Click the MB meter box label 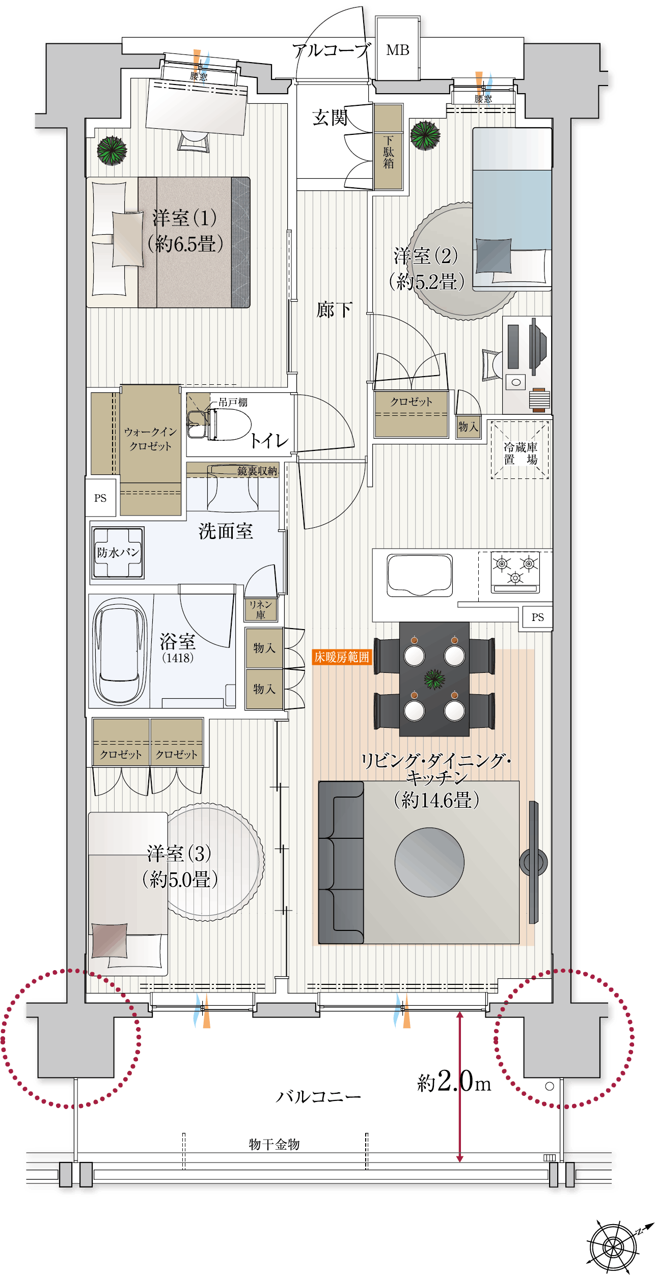pyautogui.click(x=397, y=50)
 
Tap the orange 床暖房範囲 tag pyautogui.click(x=341, y=657)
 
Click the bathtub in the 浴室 pyautogui.click(x=120, y=651)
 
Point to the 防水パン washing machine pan pyautogui.click(x=118, y=552)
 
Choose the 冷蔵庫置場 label pyautogui.click(x=520, y=453)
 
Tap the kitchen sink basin pyautogui.click(x=420, y=575)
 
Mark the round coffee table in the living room pyautogui.click(x=429, y=862)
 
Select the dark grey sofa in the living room pyautogui.click(x=341, y=862)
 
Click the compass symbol pyautogui.click(x=613, y=1246)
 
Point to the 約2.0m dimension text pyautogui.click(x=454, y=1082)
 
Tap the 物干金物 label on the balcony pyautogui.click(x=274, y=1144)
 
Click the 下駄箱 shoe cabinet pyautogui.click(x=389, y=147)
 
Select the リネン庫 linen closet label pyautogui.click(x=260, y=609)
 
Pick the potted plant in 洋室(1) pyautogui.click(x=112, y=150)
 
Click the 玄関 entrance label pyautogui.click(x=330, y=118)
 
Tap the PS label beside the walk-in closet pyautogui.click(x=100, y=498)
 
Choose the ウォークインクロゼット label pyautogui.click(x=150, y=439)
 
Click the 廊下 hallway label pyautogui.click(x=334, y=309)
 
